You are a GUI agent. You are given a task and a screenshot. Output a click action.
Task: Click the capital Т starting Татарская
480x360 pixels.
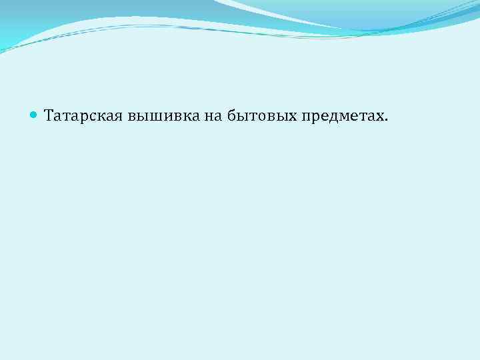pyautogui.click(x=49, y=116)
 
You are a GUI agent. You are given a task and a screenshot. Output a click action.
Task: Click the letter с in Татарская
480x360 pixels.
pyautogui.click(x=94, y=117)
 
